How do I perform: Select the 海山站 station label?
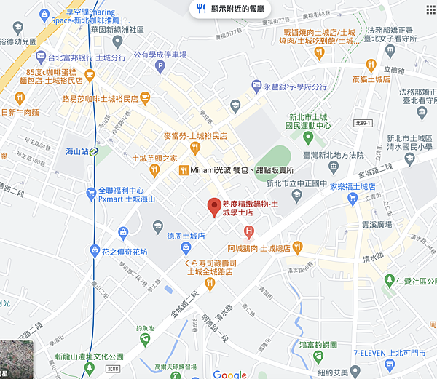75,151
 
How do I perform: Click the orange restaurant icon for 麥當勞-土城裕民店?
194,147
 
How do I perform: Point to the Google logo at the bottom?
230,374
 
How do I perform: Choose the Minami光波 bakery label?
240,169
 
